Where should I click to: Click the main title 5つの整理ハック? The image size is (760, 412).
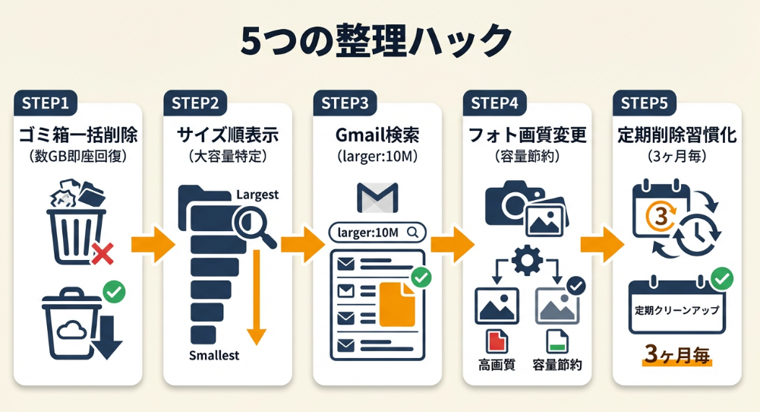pos(377,39)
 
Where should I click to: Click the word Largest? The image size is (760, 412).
pos(257,195)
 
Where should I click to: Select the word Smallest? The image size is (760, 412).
pos(214,356)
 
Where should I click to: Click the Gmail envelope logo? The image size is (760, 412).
pos(377,198)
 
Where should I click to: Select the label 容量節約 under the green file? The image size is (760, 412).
pos(557,365)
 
